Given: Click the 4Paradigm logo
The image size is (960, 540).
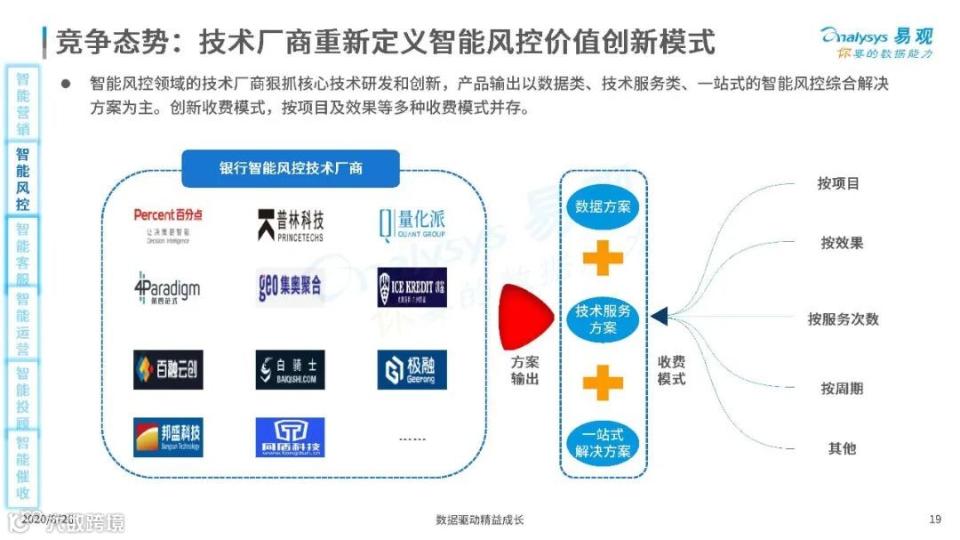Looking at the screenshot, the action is pos(167,286).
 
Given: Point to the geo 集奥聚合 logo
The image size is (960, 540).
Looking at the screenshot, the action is pos(290,286).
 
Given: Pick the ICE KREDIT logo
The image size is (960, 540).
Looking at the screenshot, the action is pos(412,286).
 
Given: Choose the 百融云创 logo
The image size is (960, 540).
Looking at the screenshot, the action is pos(168,369).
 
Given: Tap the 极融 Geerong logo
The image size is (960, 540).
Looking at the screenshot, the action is pos(412,369).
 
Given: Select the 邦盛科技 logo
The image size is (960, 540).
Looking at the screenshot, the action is pos(168,437).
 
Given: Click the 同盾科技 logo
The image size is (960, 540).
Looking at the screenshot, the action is pos(290,437).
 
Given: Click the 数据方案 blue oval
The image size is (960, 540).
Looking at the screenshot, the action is pos(603,206).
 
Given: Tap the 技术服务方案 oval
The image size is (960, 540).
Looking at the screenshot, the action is pos(603,319).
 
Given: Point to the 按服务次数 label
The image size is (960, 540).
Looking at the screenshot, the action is pos(843,318).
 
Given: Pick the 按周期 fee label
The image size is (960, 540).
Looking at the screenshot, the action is pos(842,389).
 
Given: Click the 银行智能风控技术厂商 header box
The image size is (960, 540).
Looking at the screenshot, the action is pos(291,168).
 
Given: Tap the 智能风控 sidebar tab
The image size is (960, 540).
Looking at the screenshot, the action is pos(22,179).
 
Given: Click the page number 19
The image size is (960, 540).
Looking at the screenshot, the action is pos(934,520).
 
